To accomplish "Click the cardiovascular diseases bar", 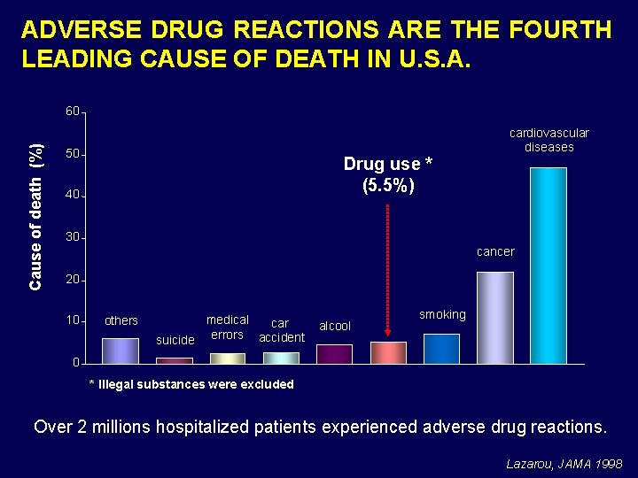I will tap(548, 266).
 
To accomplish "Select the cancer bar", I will tap(494, 318).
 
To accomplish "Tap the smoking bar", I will tap(441, 349).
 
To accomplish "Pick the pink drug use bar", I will tap(388, 352).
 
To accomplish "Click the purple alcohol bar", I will tap(334, 354).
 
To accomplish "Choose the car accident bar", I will tap(281, 358).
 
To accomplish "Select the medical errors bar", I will tap(227, 358).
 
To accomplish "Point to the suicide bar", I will tap(174, 360).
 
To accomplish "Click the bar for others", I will tap(120, 351).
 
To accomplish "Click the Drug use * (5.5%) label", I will tap(388, 174).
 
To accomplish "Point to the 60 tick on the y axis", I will tap(72, 112).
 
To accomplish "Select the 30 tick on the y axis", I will tap(72, 237).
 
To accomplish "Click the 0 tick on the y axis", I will tap(75, 363).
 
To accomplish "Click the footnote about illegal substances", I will tap(191, 384).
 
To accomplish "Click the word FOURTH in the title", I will tap(561, 30).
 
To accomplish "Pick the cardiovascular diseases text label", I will tap(549, 140).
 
